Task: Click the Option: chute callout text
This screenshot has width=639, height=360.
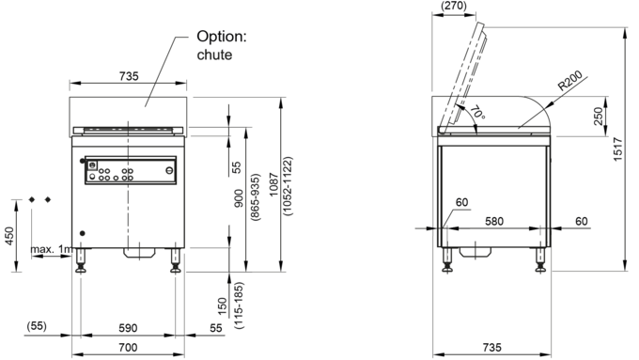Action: click(x=222, y=45)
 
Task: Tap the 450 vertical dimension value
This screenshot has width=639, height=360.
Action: click(x=9, y=236)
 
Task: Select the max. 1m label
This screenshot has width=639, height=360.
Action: click(x=52, y=249)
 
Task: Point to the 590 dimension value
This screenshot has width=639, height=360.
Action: click(x=128, y=328)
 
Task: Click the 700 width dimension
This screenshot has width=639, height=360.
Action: click(x=128, y=348)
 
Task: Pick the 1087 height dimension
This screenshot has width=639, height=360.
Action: click(x=273, y=184)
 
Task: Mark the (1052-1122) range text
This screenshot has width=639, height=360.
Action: click(x=288, y=186)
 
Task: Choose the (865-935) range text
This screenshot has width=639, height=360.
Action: click(x=255, y=197)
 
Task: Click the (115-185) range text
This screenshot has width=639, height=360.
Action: click(x=239, y=305)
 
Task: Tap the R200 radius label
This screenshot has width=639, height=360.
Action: click(x=570, y=80)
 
